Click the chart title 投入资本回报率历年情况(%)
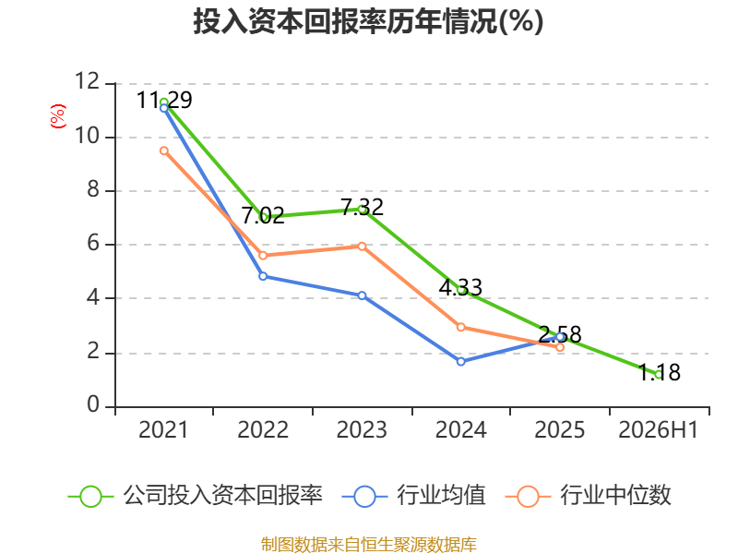[368, 21]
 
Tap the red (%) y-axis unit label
[58, 116]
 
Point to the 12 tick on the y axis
[88, 81]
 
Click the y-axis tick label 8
[93, 190]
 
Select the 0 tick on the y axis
[93, 404]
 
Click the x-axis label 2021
[163, 430]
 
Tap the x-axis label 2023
[362, 430]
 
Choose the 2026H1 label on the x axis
[659, 430]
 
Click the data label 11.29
[164, 100]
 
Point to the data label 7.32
[362, 207]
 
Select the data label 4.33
[460, 287]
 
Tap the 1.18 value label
[660, 373]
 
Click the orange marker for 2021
[164, 151]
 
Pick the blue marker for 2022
[263, 276]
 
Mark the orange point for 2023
[362, 247]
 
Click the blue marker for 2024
[461, 361]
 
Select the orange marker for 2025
[560, 347]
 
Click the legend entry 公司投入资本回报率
[196, 496]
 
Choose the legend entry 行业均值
[413, 496]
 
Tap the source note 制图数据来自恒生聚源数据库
[369, 545]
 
